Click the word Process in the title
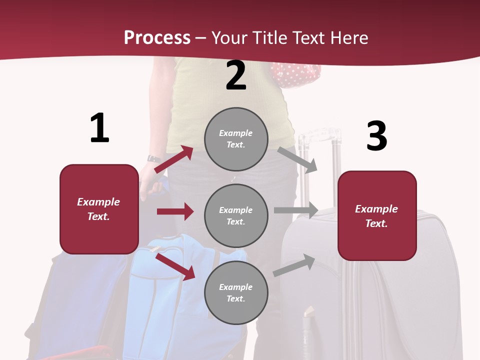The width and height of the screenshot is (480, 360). click(157, 38)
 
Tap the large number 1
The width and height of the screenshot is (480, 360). click(99, 128)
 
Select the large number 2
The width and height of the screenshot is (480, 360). click(236, 75)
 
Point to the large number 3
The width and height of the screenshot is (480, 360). click(376, 136)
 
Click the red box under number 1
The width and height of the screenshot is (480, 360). click(99, 209)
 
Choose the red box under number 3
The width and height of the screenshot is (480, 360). click(377, 215)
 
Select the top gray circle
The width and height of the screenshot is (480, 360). click(236, 139)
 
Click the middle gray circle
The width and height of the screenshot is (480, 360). click(236, 215)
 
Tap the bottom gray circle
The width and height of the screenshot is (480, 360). click(236, 292)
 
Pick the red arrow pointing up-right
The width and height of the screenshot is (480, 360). click(173, 159)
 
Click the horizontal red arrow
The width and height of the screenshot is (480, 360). click(175, 211)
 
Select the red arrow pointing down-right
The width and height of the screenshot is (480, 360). click(175, 266)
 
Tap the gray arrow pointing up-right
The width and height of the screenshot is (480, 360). click(294, 265)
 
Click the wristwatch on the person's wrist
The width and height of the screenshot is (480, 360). click(154, 158)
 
